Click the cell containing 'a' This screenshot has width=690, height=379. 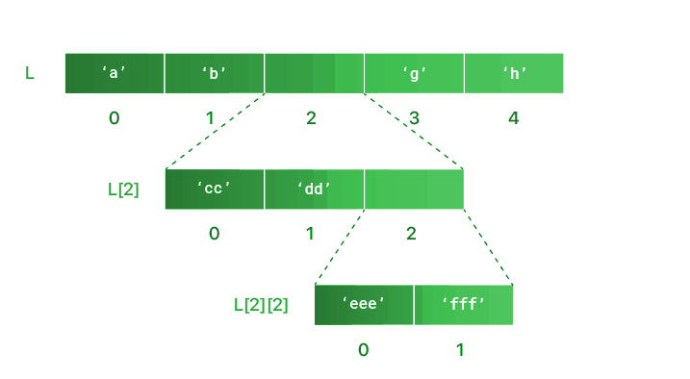pos(115,73)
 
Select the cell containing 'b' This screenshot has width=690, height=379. pos(215,73)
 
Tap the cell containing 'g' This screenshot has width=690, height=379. pos(414,73)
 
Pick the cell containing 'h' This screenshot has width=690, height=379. pos(514,73)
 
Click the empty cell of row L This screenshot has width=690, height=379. pos(314,73)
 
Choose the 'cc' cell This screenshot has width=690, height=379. pos(215,189)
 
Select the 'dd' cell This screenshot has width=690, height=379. pos(314,189)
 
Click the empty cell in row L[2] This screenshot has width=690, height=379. pos(414,189)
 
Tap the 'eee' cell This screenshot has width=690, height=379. pos(364,304)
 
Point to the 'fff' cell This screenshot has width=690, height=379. pos(464,304)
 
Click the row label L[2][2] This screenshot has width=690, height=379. pos(261,305)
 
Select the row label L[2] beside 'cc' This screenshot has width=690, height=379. pos(123,189)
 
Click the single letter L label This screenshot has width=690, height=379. pos(30,73)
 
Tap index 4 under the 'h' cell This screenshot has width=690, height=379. pos(514,118)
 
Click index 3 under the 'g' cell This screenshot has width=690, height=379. pos(414,118)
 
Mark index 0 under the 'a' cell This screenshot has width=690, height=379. pos(115,118)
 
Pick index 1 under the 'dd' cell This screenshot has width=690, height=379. pos(311,234)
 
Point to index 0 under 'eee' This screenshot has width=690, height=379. pos(363,349)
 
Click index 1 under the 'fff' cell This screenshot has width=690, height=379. pos(460,349)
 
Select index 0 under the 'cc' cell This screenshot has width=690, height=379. pos(215,234)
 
